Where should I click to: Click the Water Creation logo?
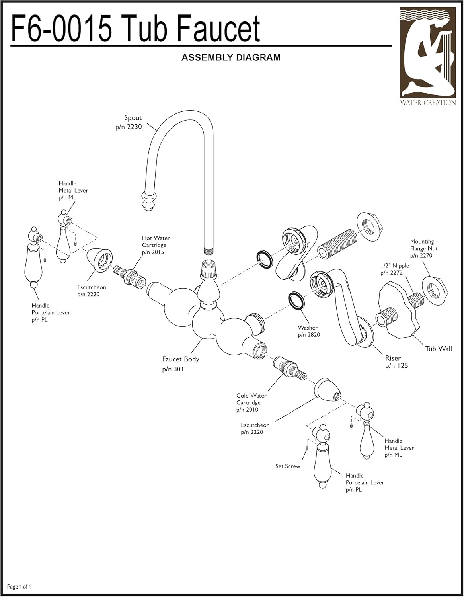(x=428, y=56)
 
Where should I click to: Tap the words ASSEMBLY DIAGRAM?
(x=231, y=58)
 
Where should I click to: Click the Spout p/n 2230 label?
(x=130, y=122)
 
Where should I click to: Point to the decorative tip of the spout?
(x=148, y=200)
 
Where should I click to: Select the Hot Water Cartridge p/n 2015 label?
(x=155, y=245)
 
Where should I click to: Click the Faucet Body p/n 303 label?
(x=180, y=364)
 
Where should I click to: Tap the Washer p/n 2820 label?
(x=308, y=331)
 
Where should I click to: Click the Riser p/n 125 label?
(x=396, y=362)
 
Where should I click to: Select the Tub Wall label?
(x=438, y=349)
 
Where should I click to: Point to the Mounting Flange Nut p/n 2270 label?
(x=423, y=248)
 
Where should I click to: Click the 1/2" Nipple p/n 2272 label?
(x=394, y=269)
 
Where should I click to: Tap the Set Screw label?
(x=287, y=466)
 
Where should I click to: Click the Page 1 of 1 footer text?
(x=19, y=587)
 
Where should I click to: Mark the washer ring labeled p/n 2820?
(x=296, y=301)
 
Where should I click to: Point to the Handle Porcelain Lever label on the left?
(x=51, y=312)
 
